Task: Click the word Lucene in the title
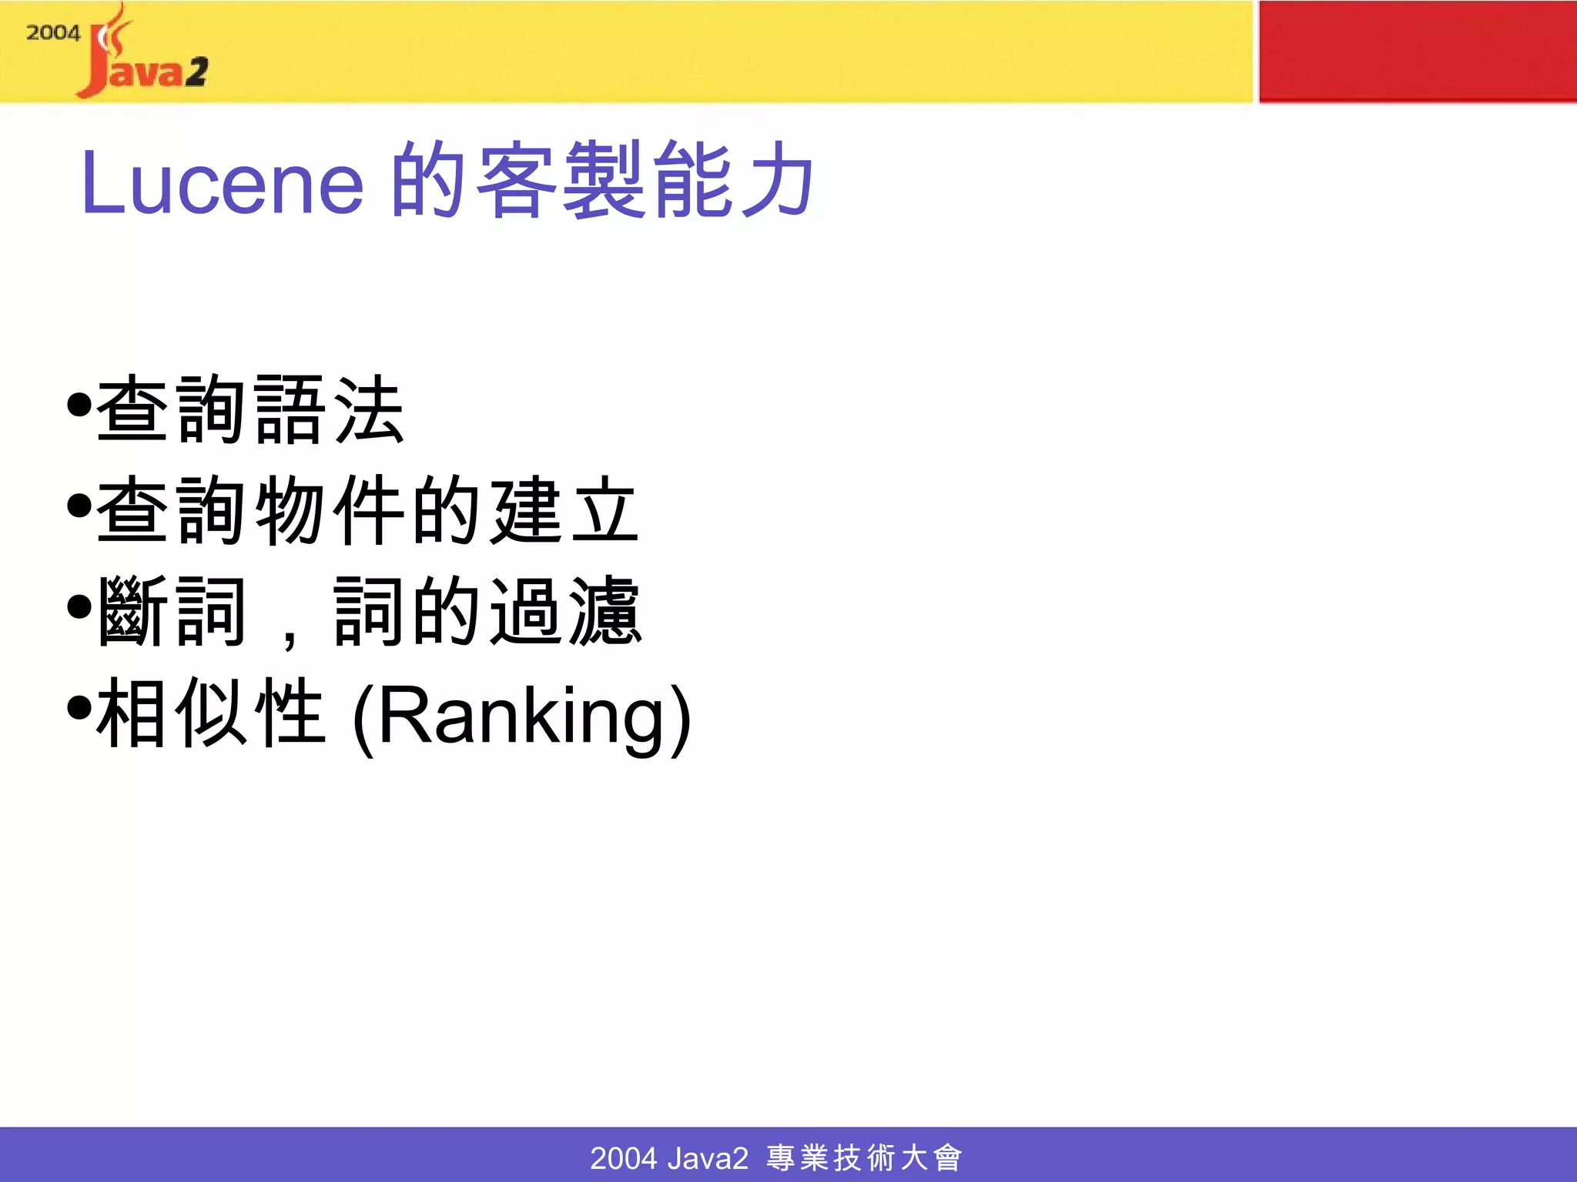(x=222, y=183)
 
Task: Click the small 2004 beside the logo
(x=53, y=33)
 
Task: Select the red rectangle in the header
(x=1417, y=52)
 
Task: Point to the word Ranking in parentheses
(x=522, y=716)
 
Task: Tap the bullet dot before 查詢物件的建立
(x=79, y=506)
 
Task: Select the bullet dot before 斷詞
(x=79, y=607)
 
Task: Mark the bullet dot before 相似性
(x=79, y=708)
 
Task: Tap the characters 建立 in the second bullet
(x=565, y=509)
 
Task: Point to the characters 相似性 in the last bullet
(x=211, y=713)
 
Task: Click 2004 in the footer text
(x=623, y=1157)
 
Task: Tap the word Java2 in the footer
(x=708, y=1157)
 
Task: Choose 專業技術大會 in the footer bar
(x=864, y=1157)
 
